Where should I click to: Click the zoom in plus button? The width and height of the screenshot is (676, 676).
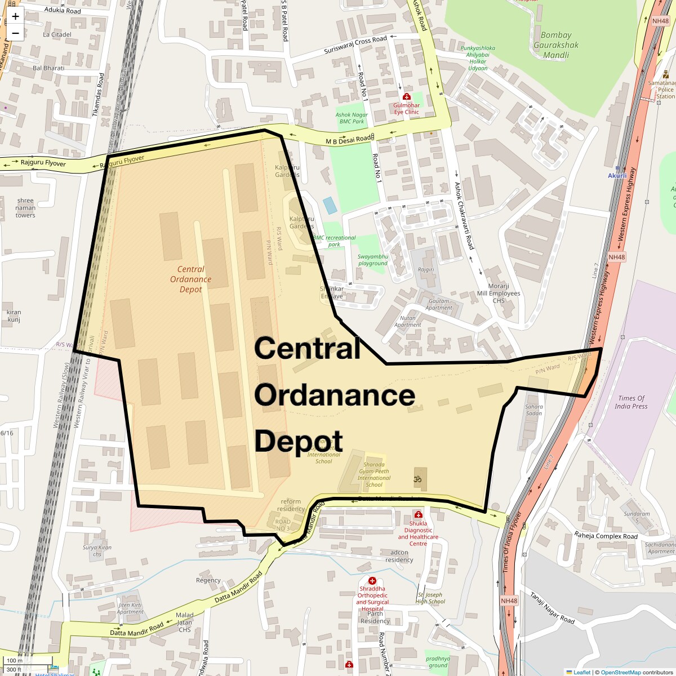15,16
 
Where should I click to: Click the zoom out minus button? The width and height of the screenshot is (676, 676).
15,33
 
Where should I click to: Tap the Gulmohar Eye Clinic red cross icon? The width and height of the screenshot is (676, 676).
407,96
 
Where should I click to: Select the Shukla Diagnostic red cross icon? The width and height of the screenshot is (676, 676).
418,514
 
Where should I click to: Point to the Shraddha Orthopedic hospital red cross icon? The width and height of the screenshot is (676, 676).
372,580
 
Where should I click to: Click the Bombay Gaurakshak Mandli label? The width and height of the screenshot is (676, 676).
556,45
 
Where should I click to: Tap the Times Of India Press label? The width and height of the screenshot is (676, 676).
631,402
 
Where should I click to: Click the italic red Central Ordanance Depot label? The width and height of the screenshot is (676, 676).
190,279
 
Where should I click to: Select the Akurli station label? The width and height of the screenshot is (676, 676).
617,176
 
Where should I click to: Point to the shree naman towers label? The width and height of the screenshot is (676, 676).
25,208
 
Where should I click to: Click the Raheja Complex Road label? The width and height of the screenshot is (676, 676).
606,536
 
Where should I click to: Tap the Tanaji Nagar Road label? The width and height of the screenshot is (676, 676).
552,608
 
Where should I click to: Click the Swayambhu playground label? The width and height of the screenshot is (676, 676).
373,260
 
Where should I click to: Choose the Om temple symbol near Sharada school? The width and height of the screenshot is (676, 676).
418,479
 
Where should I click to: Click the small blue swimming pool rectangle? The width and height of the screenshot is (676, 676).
331,205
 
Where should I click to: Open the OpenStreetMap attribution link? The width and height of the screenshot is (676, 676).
620,672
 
